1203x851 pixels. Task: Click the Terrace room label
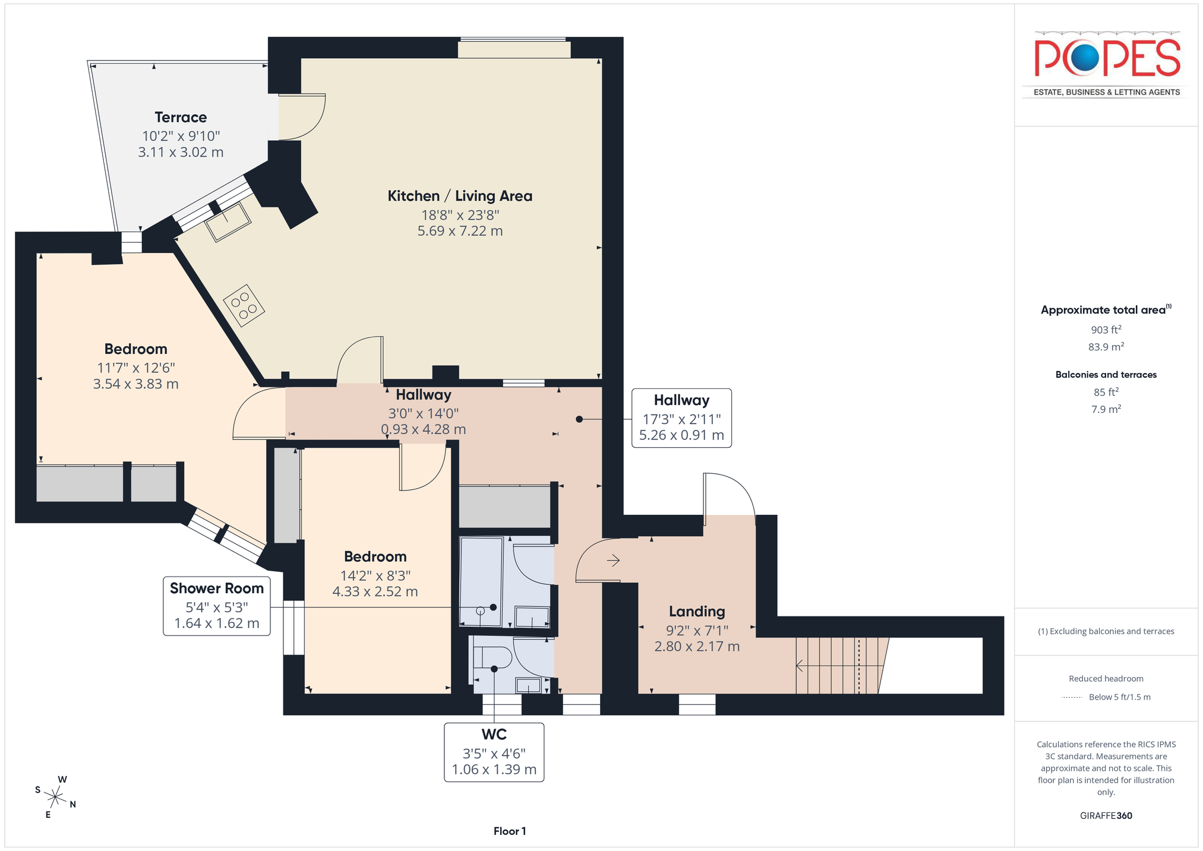[x=181, y=117]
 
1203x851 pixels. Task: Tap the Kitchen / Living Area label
[x=460, y=196]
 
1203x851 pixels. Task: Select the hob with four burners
[x=244, y=305]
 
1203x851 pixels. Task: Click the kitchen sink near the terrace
[x=229, y=222]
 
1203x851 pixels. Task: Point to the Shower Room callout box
[x=217, y=606]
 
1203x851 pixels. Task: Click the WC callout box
[x=494, y=752]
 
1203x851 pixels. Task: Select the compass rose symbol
[x=55, y=797]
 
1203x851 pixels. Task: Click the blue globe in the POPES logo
[x=1085, y=58]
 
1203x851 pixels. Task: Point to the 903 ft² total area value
[x=1106, y=330]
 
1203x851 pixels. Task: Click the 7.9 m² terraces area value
[x=1106, y=409]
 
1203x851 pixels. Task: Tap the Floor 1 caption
[x=510, y=831]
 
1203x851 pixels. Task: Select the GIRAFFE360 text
[x=1106, y=815]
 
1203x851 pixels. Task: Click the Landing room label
[x=697, y=611]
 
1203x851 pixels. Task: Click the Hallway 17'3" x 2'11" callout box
[x=681, y=417]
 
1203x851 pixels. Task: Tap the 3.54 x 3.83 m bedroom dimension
[x=135, y=384]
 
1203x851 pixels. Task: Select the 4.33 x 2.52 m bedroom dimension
[x=375, y=591]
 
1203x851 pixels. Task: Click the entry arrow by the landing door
[x=613, y=560]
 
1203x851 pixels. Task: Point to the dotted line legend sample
[x=1072, y=697]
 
